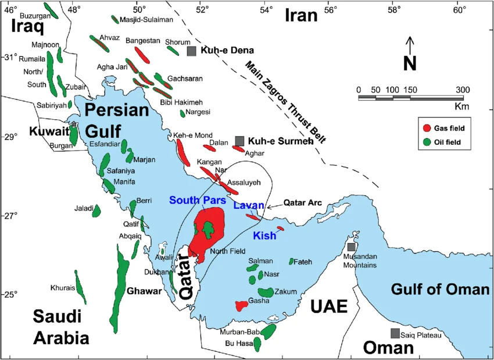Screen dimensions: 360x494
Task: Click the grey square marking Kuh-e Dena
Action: (x=191, y=51)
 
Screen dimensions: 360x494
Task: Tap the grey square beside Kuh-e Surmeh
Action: (x=239, y=141)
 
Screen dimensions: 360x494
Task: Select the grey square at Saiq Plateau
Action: (x=395, y=333)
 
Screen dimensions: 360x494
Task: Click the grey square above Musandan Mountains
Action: (x=351, y=247)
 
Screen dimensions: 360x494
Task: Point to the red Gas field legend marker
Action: (x=427, y=128)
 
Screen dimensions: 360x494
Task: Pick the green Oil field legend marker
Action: (x=427, y=141)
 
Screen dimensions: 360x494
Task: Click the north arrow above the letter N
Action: (x=410, y=44)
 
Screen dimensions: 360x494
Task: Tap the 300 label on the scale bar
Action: (x=463, y=90)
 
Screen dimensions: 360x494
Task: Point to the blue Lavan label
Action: (x=249, y=205)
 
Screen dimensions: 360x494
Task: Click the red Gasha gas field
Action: (x=243, y=305)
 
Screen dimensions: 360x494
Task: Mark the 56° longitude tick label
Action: (x=331, y=10)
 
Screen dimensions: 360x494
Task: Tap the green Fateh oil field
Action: (x=292, y=262)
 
